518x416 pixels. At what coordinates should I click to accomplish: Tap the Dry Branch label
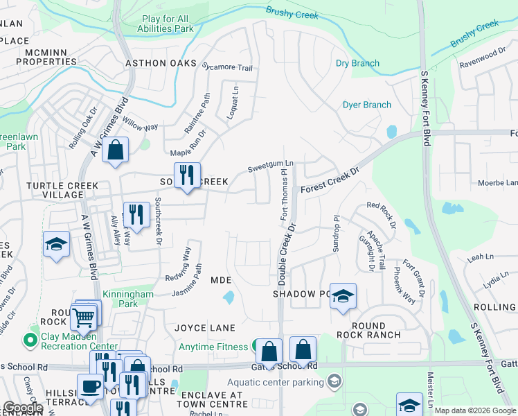point(357,63)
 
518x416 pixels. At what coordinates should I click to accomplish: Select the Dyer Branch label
point(367,105)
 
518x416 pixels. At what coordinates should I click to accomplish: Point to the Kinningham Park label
point(128,299)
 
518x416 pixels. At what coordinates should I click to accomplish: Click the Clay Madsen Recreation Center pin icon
point(29,340)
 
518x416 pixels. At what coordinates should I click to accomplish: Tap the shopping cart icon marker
point(83,318)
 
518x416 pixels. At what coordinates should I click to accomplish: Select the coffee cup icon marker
point(89,386)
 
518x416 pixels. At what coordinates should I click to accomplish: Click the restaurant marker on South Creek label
point(186,175)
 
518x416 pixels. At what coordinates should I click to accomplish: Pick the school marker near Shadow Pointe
point(342,296)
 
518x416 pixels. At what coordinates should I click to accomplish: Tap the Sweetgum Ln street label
point(271,168)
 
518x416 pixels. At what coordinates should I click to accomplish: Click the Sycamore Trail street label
point(227,68)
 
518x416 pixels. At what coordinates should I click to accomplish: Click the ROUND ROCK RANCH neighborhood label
point(366,330)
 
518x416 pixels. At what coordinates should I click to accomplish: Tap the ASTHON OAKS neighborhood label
point(156,63)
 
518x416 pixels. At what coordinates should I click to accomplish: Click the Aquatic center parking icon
point(334,381)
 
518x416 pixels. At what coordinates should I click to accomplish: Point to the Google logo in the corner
point(23,408)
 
